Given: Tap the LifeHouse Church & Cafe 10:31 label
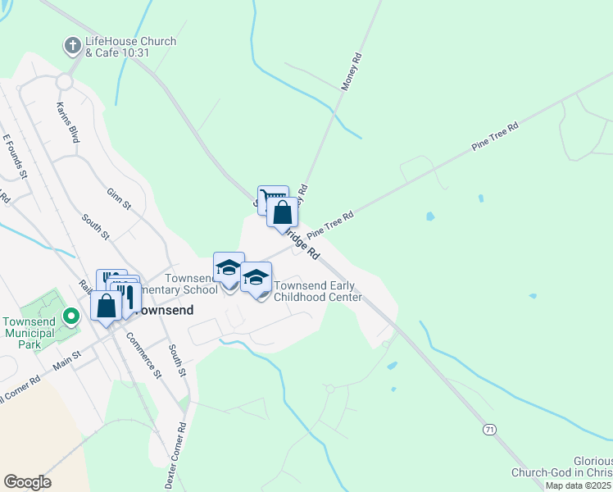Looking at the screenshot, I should pyautogui.click(x=129, y=47).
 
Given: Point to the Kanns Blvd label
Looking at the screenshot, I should pyautogui.click(x=68, y=122).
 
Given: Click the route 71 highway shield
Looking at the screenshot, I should pyautogui.click(x=489, y=429).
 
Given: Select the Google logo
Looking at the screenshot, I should pyautogui.click(x=27, y=482).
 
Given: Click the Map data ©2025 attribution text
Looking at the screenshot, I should pyautogui.click(x=579, y=485).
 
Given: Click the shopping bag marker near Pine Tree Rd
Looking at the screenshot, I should pyautogui.click(x=282, y=213).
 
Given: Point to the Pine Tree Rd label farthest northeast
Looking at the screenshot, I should pyautogui.click(x=495, y=136).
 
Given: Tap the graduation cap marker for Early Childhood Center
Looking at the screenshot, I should pyautogui.click(x=256, y=278).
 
